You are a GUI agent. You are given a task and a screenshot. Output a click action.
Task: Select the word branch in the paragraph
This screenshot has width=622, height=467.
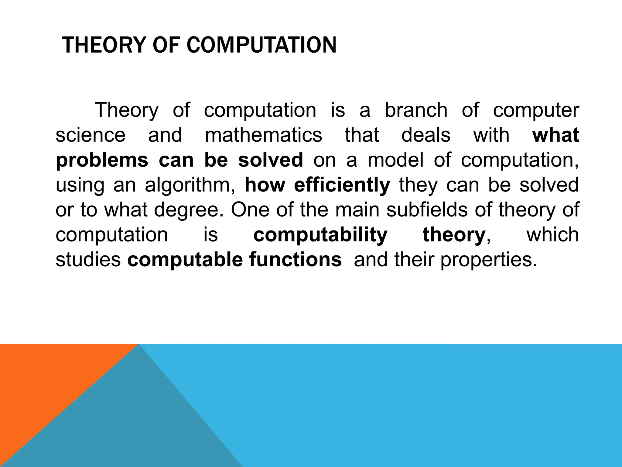click(416, 110)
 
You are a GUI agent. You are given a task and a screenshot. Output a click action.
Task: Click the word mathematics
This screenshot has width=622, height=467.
click(263, 135)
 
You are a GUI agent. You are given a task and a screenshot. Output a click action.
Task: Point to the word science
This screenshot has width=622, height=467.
click(91, 135)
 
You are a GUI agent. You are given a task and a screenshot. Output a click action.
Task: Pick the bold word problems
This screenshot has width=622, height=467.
click(102, 161)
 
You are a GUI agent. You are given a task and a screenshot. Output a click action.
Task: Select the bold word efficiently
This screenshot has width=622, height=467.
click(342, 185)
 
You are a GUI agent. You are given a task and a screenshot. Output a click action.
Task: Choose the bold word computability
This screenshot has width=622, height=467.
click(320, 235)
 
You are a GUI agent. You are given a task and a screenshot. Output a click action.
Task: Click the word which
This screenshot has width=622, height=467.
click(552, 235)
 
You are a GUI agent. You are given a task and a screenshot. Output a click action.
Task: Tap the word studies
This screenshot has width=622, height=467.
click(88, 260)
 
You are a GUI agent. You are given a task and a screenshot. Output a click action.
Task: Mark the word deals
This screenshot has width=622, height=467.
click(426, 135)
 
